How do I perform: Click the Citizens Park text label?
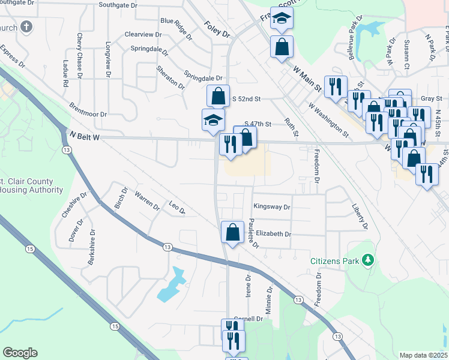pos(334,261)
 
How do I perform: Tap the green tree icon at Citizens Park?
pos(366,260)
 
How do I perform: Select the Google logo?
pos(20,353)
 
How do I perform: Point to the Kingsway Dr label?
pos(272,207)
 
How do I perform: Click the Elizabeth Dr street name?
pos(273,234)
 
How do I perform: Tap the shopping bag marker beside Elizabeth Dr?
pos(232,232)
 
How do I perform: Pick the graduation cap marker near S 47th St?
pos(213,119)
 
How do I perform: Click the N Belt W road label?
pos(84,137)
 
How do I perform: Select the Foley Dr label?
pos(217,29)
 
